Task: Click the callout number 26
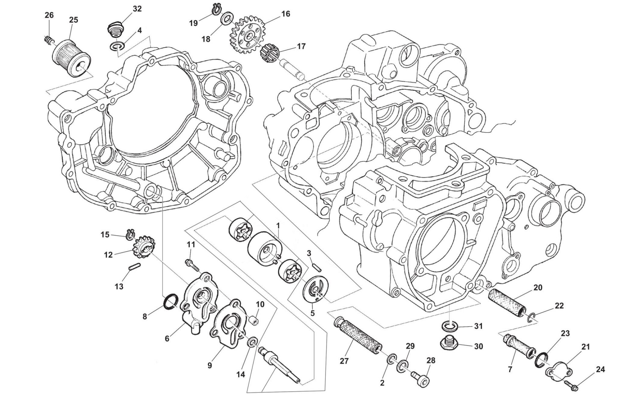click(x=49, y=15)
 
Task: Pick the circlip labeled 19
click(x=218, y=9)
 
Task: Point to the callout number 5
click(x=312, y=313)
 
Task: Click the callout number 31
click(x=478, y=326)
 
